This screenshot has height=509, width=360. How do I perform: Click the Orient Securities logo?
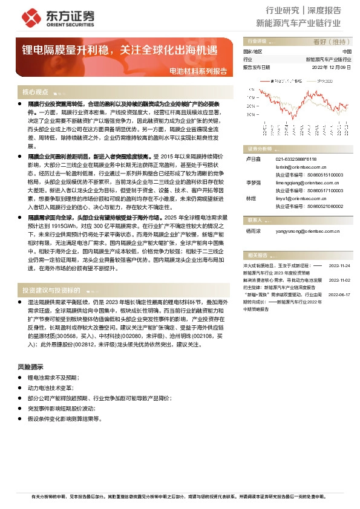[x=42, y=16]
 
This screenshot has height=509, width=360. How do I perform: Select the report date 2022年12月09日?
[x=332, y=67]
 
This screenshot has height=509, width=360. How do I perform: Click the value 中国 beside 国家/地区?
[x=346, y=53]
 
